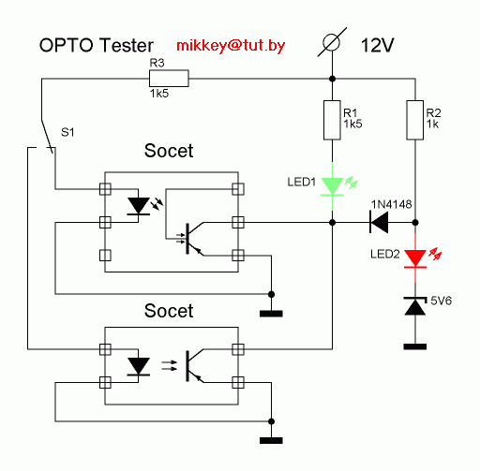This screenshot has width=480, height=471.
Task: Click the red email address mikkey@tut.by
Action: (x=231, y=46)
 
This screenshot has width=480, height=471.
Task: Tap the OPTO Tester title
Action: (x=97, y=45)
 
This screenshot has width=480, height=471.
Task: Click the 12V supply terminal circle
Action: (x=332, y=42)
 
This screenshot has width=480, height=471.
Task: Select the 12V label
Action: (x=378, y=45)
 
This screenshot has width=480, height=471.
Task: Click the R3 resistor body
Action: (x=169, y=78)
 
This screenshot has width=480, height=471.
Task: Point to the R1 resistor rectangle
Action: (x=332, y=120)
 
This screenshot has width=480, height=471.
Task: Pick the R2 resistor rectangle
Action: (x=415, y=120)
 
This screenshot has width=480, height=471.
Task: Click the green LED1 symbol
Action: (x=333, y=186)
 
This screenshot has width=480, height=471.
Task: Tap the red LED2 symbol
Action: (x=415, y=258)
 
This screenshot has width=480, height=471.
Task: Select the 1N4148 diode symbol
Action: (x=379, y=222)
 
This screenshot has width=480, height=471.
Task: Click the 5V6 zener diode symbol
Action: (x=415, y=306)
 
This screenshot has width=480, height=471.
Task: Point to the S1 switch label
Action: (x=67, y=133)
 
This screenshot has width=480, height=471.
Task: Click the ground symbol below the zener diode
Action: (x=415, y=346)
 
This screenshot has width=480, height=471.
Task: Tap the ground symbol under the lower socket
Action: (x=271, y=440)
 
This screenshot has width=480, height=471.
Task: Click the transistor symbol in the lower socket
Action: (x=195, y=366)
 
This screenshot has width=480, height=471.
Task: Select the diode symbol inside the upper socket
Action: (x=139, y=206)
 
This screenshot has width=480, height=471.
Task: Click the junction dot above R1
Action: (x=332, y=79)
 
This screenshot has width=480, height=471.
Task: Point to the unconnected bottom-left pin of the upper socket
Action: (x=105, y=256)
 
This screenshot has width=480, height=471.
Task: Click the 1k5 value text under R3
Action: (x=159, y=94)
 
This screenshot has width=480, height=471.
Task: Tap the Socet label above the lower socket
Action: (x=169, y=311)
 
